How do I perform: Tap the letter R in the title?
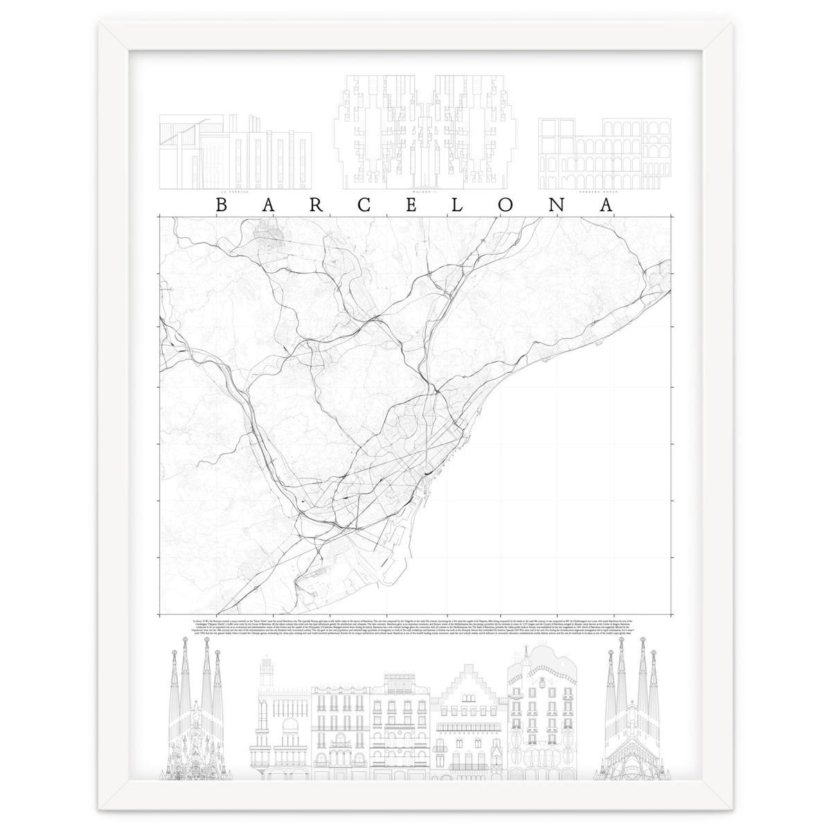tap(313, 206)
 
